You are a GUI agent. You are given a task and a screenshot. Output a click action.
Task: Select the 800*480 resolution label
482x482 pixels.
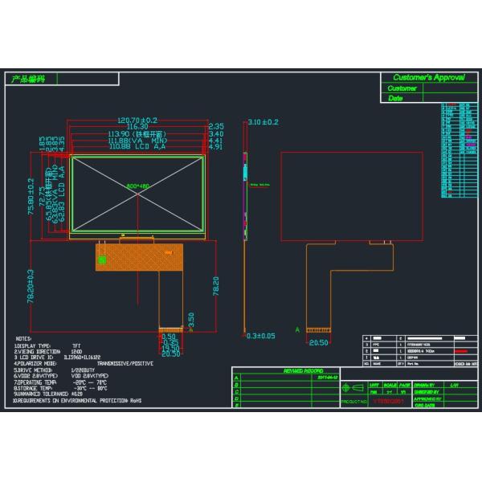(x=138, y=186)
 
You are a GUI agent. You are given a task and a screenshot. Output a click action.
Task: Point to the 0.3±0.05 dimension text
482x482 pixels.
(x=260, y=335)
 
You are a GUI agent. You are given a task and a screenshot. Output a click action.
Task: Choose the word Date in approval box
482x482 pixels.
(x=395, y=98)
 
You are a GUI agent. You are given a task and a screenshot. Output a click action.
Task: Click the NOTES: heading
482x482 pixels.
(x=24, y=340)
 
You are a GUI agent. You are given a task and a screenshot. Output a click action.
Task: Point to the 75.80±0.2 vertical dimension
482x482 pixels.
(x=31, y=194)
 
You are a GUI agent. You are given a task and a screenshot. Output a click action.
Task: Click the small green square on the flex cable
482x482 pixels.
(x=102, y=261)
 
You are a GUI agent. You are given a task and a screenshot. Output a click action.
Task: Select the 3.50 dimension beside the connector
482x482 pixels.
(x=190, y=320)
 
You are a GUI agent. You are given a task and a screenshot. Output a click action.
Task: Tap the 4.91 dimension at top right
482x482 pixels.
(x=215, y=148)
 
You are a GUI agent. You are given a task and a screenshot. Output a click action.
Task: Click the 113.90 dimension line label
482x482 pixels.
(x=136, y=133)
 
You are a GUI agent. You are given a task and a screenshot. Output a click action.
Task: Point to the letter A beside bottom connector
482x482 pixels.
(x=297, y=329)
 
